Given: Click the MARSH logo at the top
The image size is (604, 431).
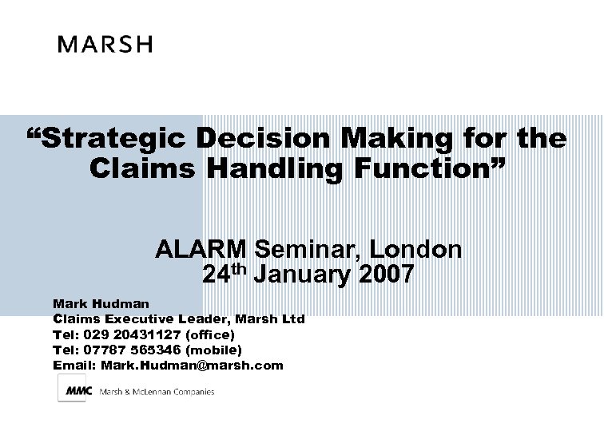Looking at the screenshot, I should [x=104, y=44].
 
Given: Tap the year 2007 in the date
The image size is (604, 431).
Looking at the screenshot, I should [x=387, y=276].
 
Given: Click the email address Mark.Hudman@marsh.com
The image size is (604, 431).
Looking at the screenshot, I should [x=192, y=365].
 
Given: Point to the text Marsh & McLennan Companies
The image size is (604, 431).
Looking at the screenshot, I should [x=157, y=392].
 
